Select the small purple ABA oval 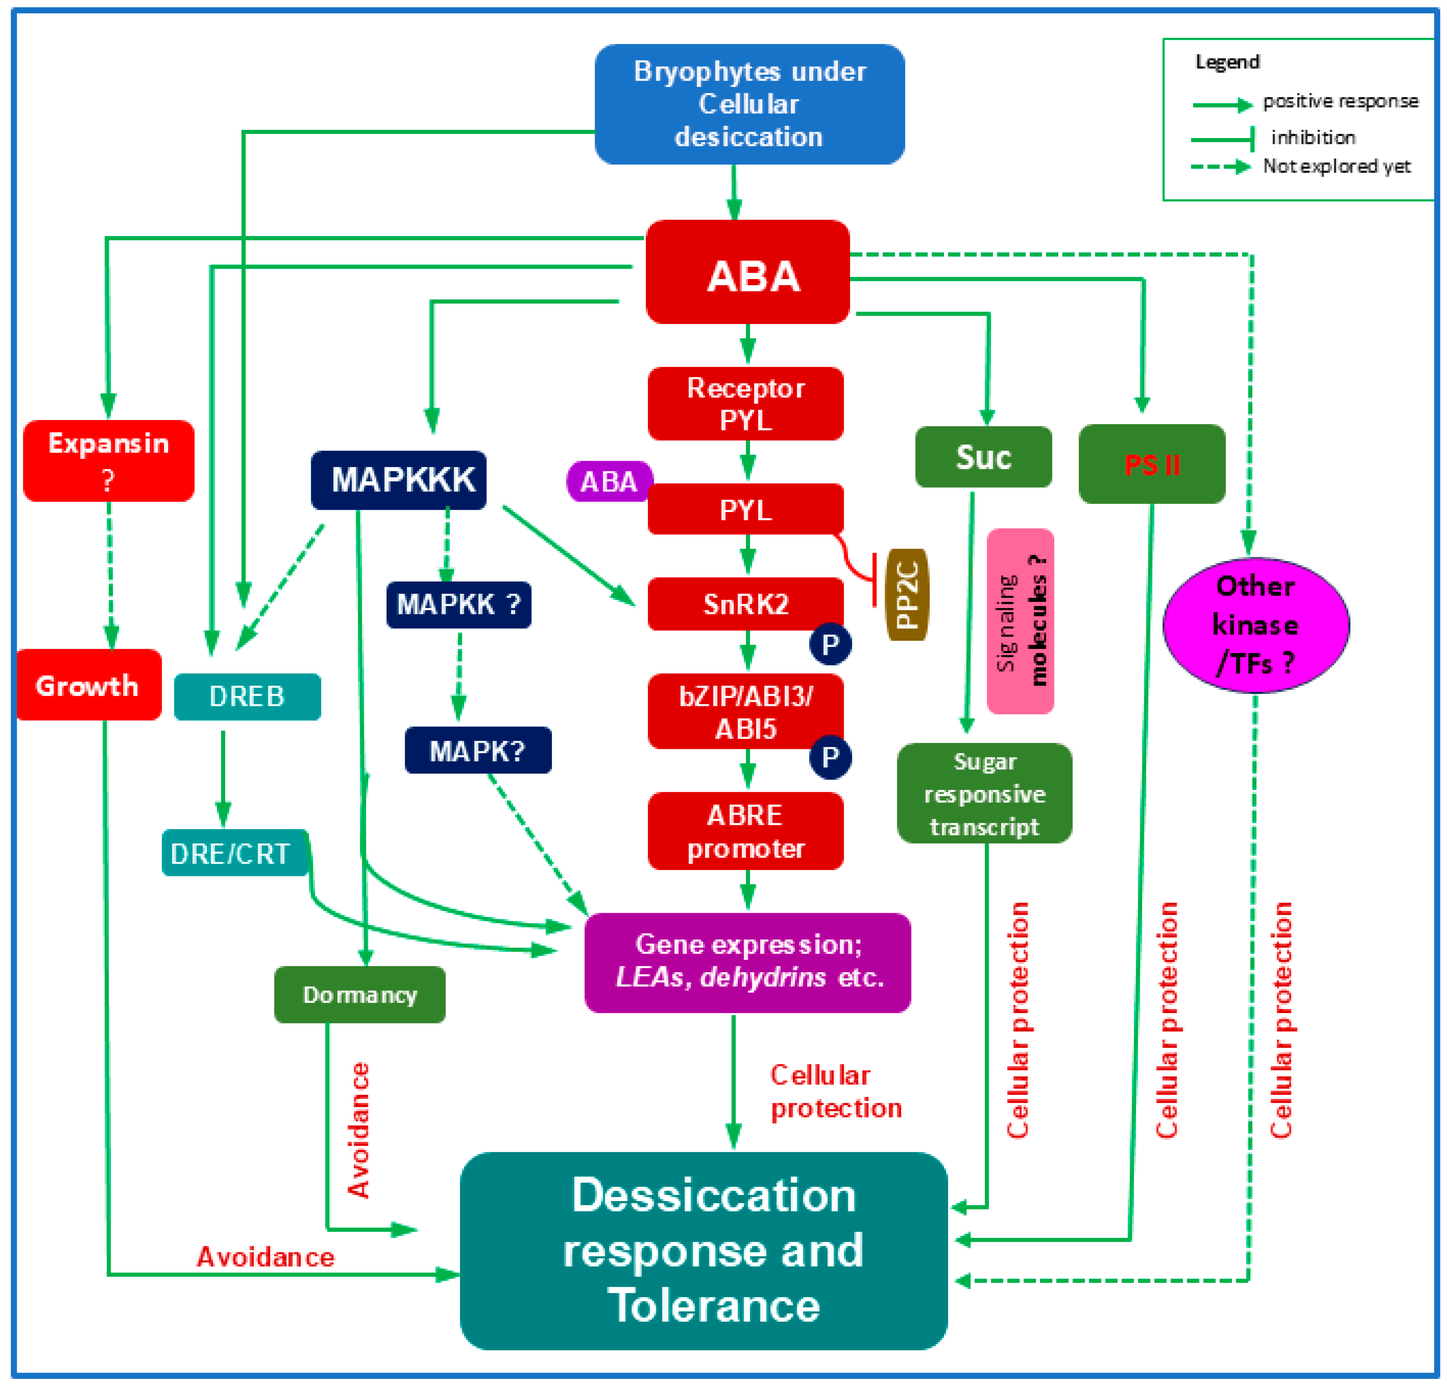[x=608, y=482]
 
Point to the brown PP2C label [x=907, y=594]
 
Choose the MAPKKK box [x=399, y=480]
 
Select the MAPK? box [x=478, y=750]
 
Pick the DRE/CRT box [x=235, y=853]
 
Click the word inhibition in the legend [x=1313, y=137]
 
